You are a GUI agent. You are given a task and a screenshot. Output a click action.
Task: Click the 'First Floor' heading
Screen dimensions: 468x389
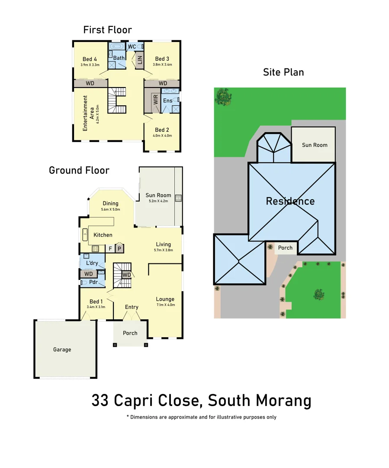[107, 30]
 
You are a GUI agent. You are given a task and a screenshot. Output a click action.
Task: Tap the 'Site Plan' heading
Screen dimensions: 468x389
[283, 72]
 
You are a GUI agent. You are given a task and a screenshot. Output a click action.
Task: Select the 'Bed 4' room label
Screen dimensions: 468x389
[90, 59]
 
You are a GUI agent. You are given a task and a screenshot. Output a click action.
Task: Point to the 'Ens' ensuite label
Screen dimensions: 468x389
[167, 101]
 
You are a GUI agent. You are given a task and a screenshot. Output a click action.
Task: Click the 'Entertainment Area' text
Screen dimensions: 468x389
[88, 114]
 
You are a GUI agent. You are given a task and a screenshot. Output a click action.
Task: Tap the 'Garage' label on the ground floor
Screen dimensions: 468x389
[62, 349]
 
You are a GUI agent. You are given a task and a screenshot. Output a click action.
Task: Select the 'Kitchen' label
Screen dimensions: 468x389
[103, 235]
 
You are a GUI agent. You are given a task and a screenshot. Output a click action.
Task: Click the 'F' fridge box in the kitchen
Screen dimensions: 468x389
[110, 249]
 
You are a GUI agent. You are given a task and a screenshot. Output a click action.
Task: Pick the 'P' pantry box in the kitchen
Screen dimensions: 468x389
[119, 249]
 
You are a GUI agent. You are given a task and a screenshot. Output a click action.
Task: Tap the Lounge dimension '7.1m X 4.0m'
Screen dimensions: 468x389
[165, 305]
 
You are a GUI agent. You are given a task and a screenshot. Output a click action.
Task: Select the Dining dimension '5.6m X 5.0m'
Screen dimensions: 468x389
[110, 209]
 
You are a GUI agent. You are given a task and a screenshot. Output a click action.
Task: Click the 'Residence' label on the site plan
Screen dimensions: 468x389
[290, 201]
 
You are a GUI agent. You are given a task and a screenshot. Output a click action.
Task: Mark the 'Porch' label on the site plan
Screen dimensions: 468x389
[285, 248]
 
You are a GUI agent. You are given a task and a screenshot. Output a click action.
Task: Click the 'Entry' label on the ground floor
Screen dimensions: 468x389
[132, 307]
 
